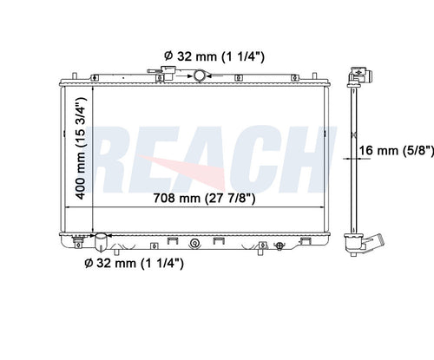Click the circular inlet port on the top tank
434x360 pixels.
point(201,75)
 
